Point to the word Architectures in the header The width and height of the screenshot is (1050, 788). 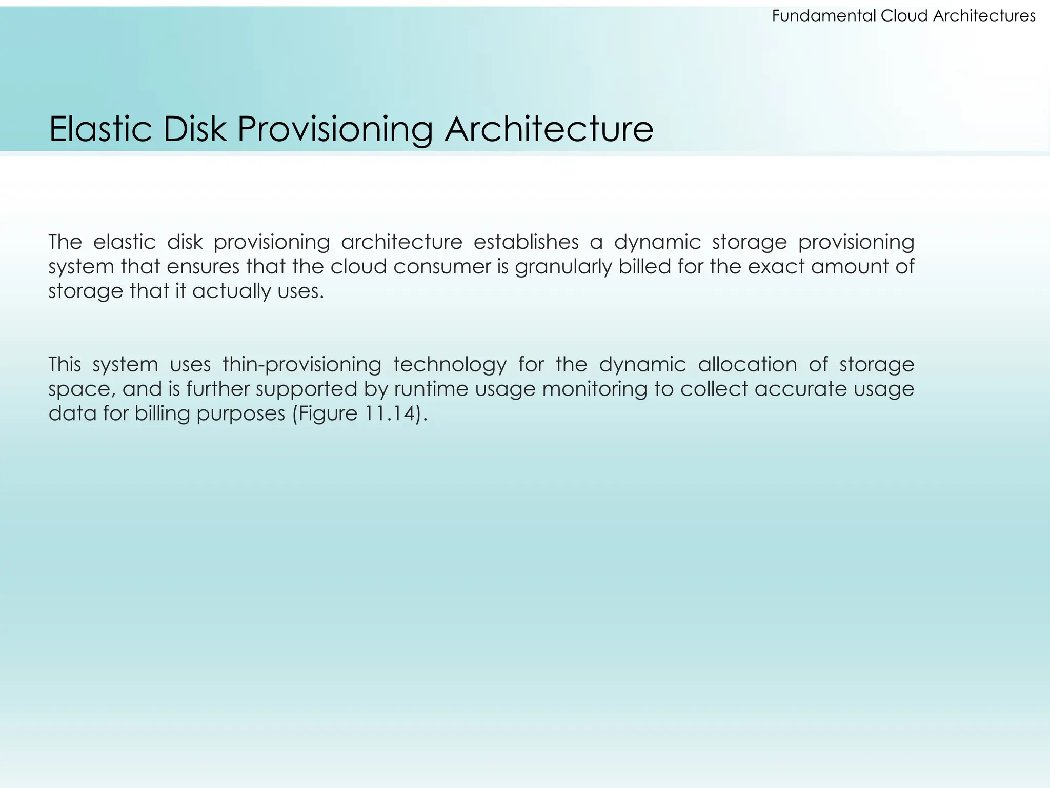(984, 16)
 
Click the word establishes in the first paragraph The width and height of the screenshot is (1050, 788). (526, 242)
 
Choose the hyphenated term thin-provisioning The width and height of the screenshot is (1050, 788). (302, 365)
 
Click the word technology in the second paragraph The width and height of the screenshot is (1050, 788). (450, 365)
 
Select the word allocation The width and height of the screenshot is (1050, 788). (747, 365)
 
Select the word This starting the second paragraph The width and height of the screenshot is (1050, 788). (65, 365)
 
